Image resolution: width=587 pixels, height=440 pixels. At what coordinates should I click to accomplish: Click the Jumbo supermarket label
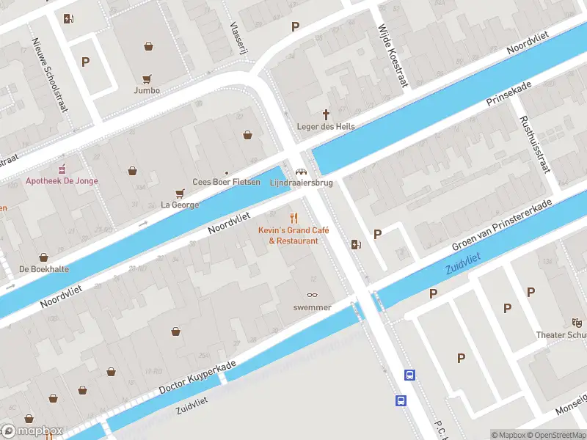click(x=147, y=90)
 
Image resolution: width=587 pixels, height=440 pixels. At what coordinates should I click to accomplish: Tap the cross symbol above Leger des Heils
click(x=327, y=114)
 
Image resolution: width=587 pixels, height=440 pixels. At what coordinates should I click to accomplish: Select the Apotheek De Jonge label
click(x=62, y=181)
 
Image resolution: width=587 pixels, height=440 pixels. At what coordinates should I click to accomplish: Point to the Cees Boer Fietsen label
click(x=227, y=182)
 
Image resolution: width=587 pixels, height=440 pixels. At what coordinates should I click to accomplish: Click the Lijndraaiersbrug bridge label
click(x=301, y=182)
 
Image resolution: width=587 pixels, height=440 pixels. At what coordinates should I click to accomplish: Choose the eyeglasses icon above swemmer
click(x=313, y=295)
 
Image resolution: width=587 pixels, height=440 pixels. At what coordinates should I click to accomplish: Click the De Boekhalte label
click(x=44, y=269)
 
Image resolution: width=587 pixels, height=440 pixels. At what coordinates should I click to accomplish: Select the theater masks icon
click(x=577, y=323)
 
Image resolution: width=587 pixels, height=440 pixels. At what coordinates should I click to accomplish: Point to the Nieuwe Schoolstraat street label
click(x=50, y=74)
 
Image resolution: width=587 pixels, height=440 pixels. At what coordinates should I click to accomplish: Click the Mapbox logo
click(x=32, y=431)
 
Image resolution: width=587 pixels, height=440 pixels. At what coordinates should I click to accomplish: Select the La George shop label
click(x=180, y=205)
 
